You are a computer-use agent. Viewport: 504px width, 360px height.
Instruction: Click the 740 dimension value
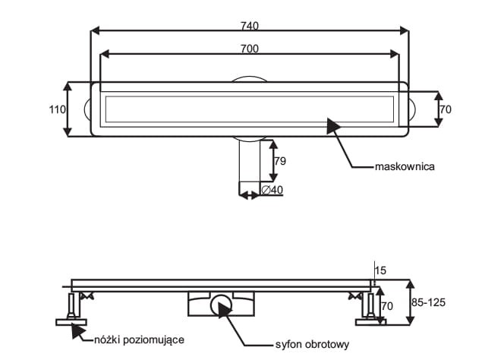(x=250, y=25)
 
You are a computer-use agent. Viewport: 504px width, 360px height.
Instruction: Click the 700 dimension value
(x=250, y=49)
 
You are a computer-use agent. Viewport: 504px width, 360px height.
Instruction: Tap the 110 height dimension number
(x=57, y=109)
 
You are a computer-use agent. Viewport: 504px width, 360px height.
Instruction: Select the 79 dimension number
(x=279, y=160)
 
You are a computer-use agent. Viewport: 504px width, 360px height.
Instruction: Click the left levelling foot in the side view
(x=71, y=310)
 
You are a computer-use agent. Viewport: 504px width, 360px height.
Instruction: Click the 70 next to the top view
(x=446, y=109)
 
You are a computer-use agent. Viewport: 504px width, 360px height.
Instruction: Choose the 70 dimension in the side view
(x=386, y=307)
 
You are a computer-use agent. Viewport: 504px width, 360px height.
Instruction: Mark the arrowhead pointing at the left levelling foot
(x=76, y=330)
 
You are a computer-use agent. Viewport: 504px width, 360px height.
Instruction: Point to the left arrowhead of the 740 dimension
(x=95, y=31)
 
